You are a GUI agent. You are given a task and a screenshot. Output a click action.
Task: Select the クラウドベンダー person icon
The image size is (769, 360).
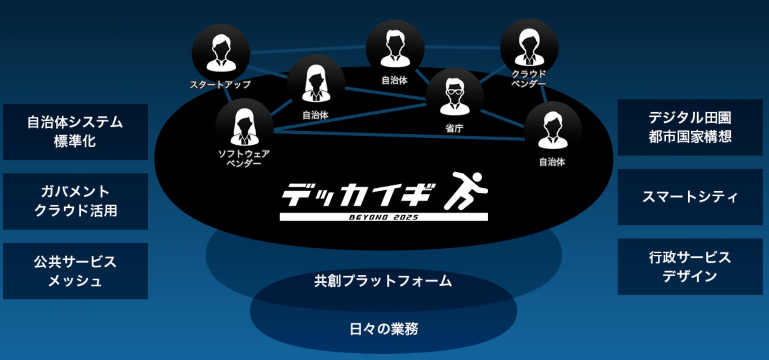point(529,47)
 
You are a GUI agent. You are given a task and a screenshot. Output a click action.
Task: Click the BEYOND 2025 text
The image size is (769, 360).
point(383,217)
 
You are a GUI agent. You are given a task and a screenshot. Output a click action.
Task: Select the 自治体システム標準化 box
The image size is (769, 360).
point(75,132)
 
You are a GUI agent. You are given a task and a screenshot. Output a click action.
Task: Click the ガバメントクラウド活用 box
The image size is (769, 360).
point(75,201)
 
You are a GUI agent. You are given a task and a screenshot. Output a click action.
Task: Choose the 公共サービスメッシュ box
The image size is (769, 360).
point(75,271)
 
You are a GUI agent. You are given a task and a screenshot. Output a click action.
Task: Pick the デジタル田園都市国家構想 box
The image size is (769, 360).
point(690,127)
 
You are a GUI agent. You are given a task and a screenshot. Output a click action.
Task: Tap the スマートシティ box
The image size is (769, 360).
point(690,197)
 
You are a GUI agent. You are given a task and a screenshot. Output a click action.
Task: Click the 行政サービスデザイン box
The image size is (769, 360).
point(690,267)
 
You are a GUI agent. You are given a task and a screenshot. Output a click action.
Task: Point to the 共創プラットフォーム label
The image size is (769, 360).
point(383,281)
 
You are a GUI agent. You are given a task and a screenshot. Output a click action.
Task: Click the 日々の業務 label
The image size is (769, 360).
point(383,329)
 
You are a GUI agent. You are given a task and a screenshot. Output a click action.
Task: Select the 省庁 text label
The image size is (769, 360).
point(454,128)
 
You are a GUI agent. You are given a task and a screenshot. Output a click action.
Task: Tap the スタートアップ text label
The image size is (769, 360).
point(220,84)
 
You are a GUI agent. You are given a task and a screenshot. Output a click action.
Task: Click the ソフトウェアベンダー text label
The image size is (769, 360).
point(244,158)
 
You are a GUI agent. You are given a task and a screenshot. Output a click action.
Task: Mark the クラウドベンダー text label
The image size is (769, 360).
point(529,78)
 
